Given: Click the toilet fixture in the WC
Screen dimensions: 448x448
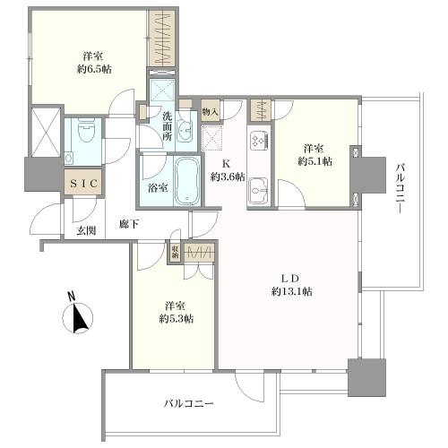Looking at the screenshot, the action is [x=85, y=132].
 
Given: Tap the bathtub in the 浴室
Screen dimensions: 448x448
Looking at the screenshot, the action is [x=187, y=180].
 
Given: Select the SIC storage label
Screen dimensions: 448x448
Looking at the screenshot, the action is [x=83, y=184].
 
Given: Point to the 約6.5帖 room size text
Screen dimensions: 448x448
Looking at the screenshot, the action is [x=94, y=69].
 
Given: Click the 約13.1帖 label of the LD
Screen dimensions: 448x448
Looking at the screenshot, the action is [x=292, y=291].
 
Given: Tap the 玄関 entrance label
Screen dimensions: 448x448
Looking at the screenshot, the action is [x=86, y=230].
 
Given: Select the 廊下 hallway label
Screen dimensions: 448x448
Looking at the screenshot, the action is [x=129, y=224].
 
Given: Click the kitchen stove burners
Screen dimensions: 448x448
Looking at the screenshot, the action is [x=259, y=141].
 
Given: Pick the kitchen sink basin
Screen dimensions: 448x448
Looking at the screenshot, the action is [x=259, y=190].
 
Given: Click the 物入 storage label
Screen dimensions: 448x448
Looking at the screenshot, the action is [x=210, y=112].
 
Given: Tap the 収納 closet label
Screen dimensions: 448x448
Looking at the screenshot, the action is [x=175, y=252].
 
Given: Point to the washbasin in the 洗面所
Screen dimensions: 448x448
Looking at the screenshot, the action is [x=185, y=131].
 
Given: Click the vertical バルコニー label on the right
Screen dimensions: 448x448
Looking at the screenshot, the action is [x=401, y=188].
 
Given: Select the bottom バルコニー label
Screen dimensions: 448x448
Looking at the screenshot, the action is [x=189, y=404].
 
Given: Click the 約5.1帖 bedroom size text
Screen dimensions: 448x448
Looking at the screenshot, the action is [x=314, y=161].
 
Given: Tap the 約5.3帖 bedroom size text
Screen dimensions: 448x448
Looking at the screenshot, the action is [x=177, y=319].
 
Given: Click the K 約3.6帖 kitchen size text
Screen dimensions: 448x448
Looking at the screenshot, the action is [x=228, y=170].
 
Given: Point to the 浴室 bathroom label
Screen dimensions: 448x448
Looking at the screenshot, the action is [x=158, y=188].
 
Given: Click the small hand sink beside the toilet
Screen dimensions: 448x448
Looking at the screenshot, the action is [x=69, y=157].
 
